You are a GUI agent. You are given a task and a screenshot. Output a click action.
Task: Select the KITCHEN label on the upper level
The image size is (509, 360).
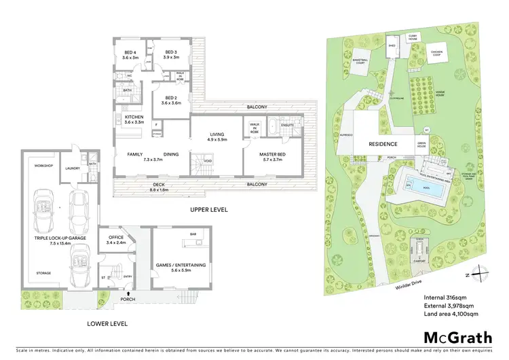[x=134, y=119]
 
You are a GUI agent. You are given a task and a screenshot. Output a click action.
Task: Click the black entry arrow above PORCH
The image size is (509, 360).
[x=128, y=292]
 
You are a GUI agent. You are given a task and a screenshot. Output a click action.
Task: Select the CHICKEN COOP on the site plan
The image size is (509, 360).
[x=436, y=52]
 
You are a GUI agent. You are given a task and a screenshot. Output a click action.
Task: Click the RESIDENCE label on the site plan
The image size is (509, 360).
[x=382, y=144]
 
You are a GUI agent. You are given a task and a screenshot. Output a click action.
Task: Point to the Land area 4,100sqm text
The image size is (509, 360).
[x=453, y=314]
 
